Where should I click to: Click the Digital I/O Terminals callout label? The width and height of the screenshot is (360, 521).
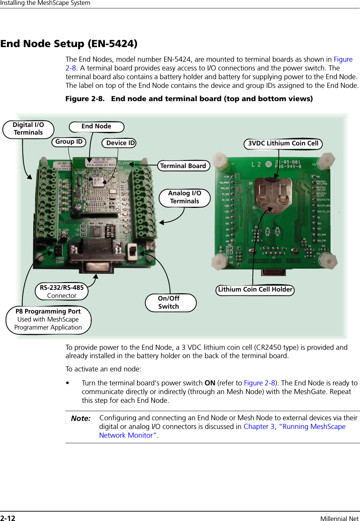point(28,129)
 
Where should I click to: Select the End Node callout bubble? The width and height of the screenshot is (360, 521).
point(96,127)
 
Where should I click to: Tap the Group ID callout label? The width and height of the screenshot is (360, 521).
point(69,142)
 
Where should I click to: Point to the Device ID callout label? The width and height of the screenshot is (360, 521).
point(119,143)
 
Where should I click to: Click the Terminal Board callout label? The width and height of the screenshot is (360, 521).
point(183,166)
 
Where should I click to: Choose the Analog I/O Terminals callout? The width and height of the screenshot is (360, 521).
point(185,197)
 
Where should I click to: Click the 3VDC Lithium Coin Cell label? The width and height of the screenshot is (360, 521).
point(283,144)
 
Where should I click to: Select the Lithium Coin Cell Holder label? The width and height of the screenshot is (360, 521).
point(255,290)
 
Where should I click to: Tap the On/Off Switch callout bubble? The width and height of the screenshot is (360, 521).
point(170,303)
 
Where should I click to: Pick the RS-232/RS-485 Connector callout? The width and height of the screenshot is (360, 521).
point(62,292)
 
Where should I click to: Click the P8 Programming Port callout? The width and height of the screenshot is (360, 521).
point(48,319)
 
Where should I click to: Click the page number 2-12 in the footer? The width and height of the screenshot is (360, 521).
point(8,518)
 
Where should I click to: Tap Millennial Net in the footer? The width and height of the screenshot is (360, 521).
point(339,519)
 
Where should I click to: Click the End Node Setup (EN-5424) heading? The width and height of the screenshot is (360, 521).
point(69,44)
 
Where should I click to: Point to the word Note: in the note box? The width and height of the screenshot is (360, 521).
point(81,418)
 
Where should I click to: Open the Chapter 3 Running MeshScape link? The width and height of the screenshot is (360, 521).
point(294,427)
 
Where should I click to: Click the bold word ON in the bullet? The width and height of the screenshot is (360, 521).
point(210,383)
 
